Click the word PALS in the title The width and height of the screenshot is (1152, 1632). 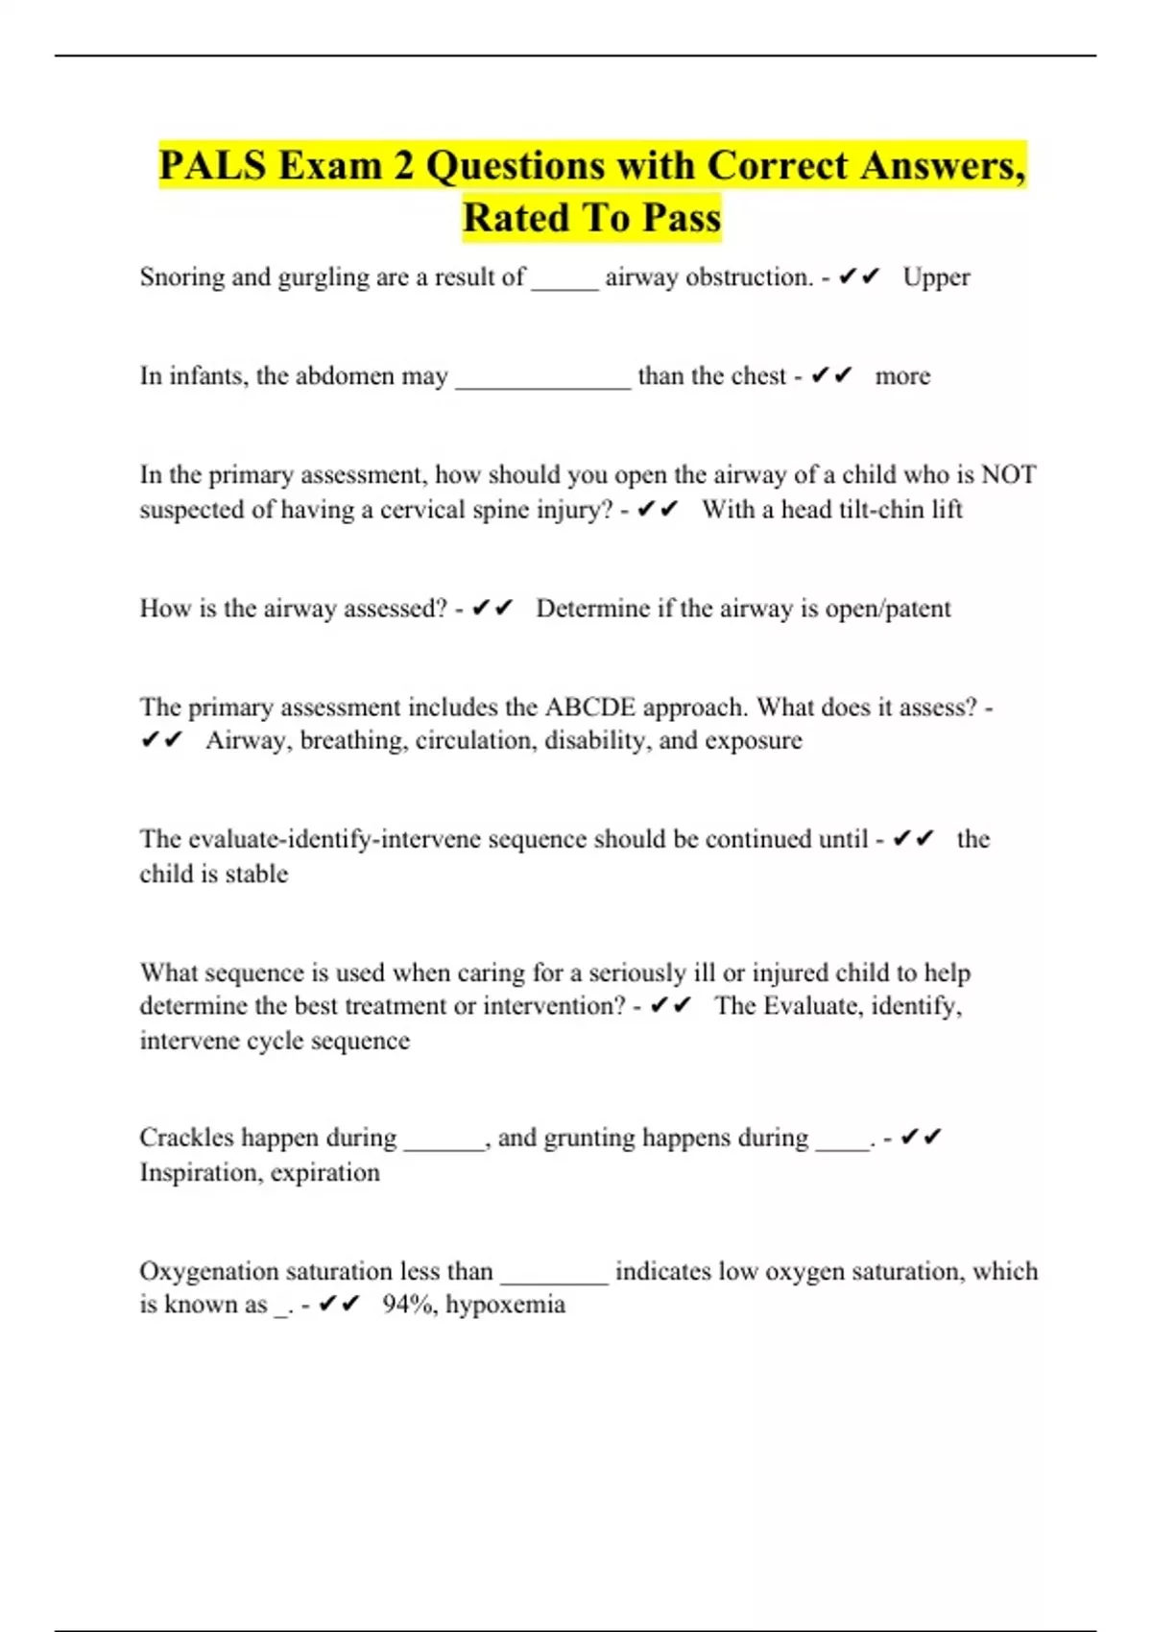[212, 165]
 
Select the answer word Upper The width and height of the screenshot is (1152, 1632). [936, 277]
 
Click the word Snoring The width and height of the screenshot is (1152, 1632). [181, 277]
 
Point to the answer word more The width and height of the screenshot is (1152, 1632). [902, 376]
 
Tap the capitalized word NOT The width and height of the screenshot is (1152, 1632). [1008, 475]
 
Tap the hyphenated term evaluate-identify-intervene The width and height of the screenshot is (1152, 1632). [335, 839]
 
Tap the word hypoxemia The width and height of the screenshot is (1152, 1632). [505, 1305]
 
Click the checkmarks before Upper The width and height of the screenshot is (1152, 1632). [859, 277]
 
